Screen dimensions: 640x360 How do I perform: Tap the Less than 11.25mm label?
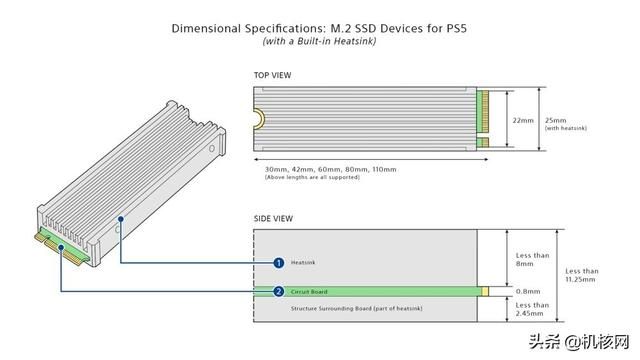[x=582, y=275]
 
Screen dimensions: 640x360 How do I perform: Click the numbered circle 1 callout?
[x=279, y=262]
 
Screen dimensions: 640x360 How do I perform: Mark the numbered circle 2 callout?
[x=279, y=292]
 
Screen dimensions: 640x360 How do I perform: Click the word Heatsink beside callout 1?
[x=302, y=263]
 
